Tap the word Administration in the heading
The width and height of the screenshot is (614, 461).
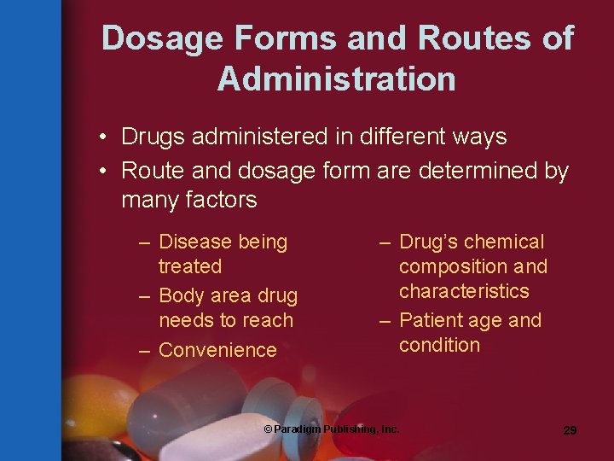[x=336, y=79]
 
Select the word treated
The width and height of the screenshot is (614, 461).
[x=190, y=267]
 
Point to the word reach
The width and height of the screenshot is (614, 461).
[x=268, y=321]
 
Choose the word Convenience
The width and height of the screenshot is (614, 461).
[x=217, y=350]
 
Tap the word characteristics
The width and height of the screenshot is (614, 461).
[x=464, y=292]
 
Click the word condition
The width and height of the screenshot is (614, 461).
[x=439, y=346]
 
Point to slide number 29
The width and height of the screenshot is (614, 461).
[x=570, y=430]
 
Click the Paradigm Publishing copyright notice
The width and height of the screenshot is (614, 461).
[x=332, y=429]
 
